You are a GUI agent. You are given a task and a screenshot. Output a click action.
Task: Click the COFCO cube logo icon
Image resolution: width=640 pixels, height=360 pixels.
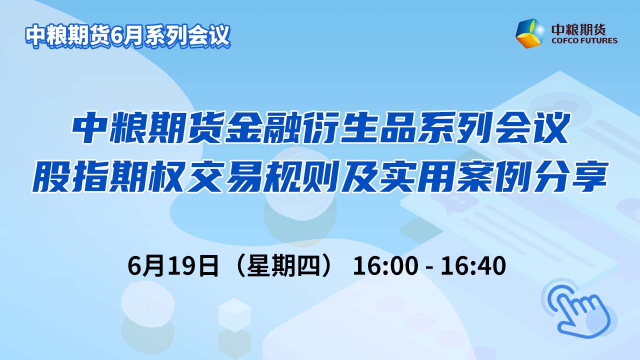[529, 33]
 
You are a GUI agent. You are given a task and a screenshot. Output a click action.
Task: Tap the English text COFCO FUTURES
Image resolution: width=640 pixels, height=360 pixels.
[584, 40]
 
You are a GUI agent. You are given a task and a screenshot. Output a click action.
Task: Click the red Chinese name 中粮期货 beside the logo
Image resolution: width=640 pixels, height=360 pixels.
[578, 29]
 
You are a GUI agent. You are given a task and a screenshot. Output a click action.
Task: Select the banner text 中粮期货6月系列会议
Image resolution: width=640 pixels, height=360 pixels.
[127, 36]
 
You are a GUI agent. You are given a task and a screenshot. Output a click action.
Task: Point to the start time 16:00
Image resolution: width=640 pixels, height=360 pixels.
[385, 266]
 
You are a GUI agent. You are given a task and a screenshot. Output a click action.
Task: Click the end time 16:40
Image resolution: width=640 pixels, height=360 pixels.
[473, 266]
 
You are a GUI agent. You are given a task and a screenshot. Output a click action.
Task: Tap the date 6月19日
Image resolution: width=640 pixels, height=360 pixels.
[173, 266]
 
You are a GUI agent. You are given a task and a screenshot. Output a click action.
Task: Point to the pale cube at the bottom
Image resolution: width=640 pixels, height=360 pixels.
[234, 315]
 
